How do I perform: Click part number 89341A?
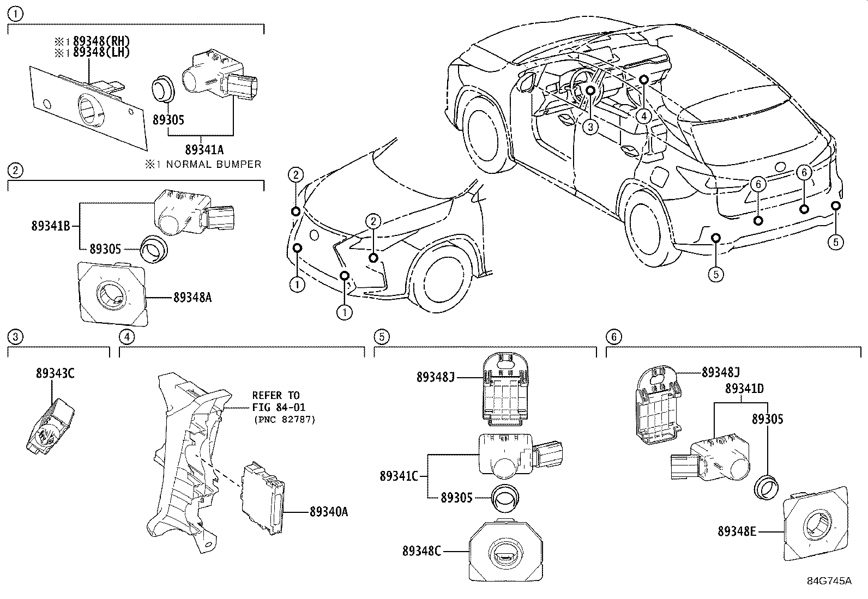[x=204, y=149]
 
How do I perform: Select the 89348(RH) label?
[x=101, y=42]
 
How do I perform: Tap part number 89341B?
[x=51, y=226]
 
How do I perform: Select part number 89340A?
[x=328, y=512]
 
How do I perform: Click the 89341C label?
[x=399, y=476]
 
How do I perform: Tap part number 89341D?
[x=744, y=389]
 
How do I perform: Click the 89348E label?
[x=737, y=531]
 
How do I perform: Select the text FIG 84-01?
[x=279, y=407]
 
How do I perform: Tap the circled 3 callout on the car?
[x=590, y=127]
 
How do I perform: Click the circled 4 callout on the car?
[x=643, y=116]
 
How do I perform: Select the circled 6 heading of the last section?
[x=613, y=337]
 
